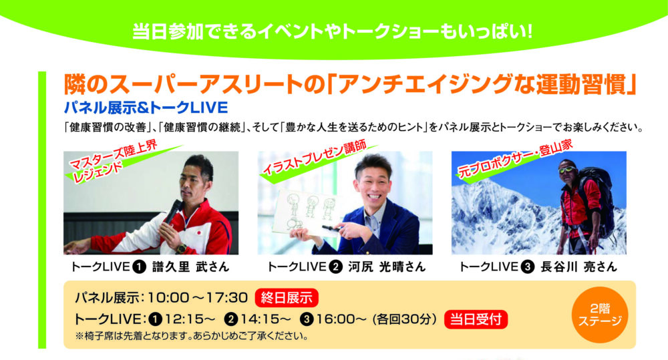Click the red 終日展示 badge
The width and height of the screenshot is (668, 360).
point(287,297)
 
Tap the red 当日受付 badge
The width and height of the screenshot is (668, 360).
point(476,319)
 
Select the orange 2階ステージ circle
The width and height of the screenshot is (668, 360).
point(599,315)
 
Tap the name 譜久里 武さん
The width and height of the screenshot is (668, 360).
point(191,267)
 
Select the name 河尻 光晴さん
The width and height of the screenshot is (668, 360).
point(387,267)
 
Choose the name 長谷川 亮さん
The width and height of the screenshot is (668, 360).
point(578,267)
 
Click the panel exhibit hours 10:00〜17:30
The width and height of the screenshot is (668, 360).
point(197,297)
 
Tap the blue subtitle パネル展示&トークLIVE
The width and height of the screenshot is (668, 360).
point(146,108)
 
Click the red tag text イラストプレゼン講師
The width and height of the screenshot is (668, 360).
point(315,157)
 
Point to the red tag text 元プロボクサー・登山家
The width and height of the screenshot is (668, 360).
point(515,158)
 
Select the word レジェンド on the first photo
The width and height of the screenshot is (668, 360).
point(98,173)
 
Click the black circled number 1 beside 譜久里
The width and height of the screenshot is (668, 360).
point(140,267)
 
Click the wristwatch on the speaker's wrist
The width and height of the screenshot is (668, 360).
point(182,248)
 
